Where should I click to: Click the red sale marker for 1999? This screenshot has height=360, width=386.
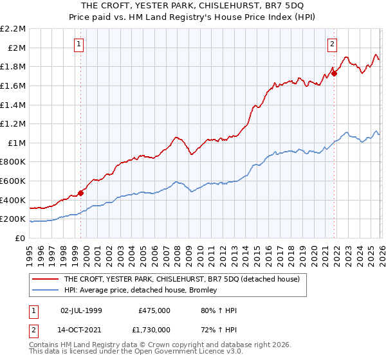click(x=80, y=192)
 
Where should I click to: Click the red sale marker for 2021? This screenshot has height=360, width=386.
click(x=334, y=73)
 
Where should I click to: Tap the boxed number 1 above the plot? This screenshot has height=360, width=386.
click(x=78, y=44)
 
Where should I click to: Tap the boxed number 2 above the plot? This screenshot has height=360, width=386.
click(x=332, y=44)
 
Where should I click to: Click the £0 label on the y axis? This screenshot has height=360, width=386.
click(x=20, y=238)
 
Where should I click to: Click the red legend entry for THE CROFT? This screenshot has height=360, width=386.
click(x=186, y=280)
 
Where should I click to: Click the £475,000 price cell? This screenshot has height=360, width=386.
click(x=154, y=310)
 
